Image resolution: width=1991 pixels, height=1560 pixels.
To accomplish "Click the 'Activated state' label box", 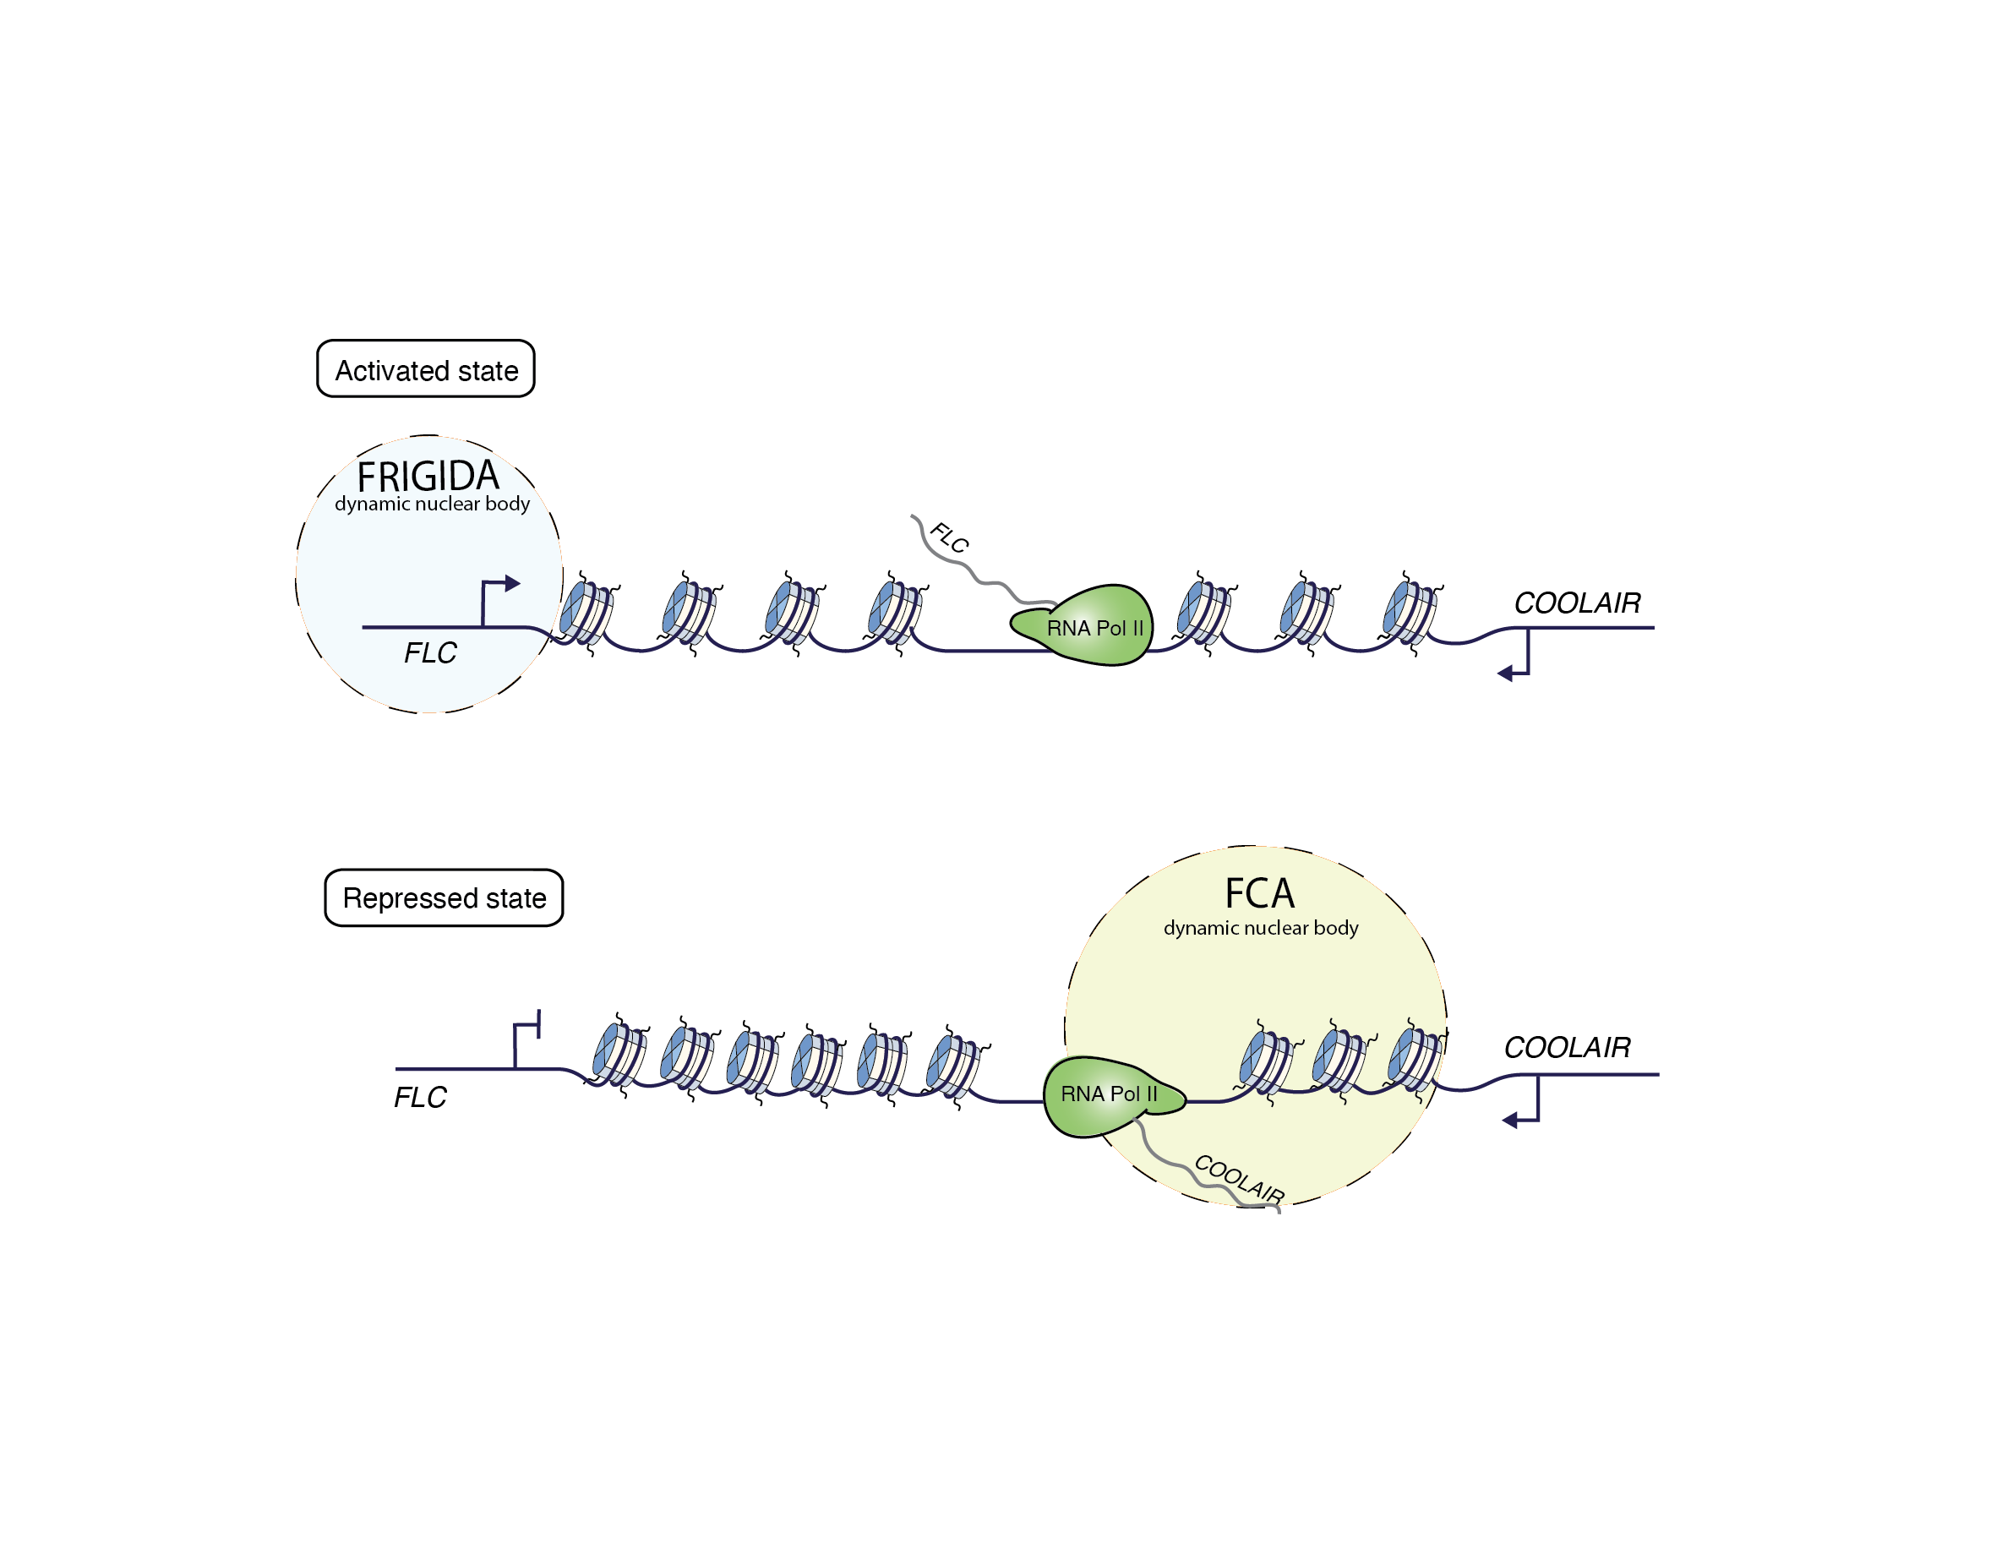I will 426,369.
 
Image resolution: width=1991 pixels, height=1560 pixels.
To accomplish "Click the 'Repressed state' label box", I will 444,897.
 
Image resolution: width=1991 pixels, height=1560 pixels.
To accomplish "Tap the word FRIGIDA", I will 428,476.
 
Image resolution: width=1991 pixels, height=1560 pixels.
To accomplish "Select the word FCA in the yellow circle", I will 1258,893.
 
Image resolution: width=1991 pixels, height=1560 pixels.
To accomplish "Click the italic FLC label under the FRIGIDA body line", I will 430,653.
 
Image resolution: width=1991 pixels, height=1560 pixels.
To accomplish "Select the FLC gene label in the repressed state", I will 420,1097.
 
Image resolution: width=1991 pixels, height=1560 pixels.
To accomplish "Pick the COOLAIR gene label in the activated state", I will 1576,603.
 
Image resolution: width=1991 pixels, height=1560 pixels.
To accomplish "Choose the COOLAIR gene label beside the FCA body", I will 1566,1047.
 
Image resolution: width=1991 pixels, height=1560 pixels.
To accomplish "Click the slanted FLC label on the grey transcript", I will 949,538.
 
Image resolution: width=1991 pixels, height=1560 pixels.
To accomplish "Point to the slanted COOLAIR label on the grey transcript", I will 1240,1178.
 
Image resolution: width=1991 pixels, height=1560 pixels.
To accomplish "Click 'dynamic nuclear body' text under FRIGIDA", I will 432,505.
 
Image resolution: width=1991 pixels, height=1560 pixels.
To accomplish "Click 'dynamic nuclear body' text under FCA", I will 1260,928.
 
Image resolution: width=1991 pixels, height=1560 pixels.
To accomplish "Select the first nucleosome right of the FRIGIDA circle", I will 586,613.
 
